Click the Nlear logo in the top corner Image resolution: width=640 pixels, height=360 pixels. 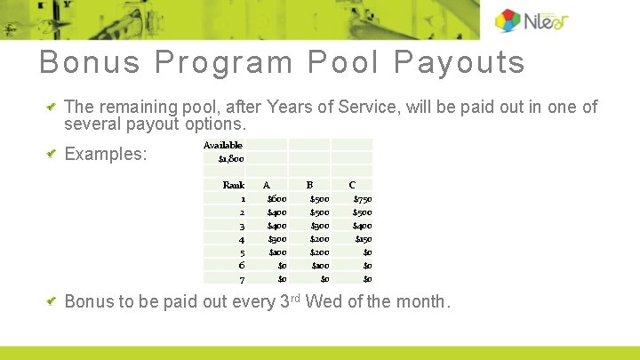point(532,20)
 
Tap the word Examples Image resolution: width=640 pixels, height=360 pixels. point(106,154)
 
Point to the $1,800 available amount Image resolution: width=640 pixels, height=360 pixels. point(231,159)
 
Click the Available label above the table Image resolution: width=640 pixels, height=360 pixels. point(222,145)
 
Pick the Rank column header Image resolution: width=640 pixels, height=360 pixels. point(234,185)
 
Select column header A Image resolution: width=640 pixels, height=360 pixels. point(266,185)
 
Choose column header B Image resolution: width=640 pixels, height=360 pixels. point(309,185)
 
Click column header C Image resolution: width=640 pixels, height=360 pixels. point(352,185)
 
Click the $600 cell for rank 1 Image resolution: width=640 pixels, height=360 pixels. point(276,199)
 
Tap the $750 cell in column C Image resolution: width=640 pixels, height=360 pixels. point(362,199)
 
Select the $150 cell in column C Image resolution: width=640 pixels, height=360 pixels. point(363,239)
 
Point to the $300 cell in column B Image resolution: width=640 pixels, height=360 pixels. point(319,226)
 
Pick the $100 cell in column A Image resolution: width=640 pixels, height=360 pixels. point(276,252)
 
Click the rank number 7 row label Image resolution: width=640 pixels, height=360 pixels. point(242,279)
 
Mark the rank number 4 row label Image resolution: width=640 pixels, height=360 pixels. point(242,239)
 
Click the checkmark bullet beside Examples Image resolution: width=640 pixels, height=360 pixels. point(52,154)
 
